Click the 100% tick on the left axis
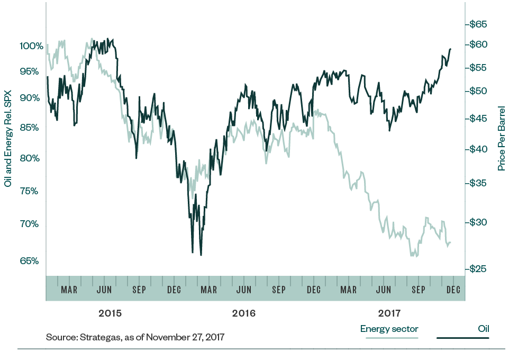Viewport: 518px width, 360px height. click(x=31, y=46)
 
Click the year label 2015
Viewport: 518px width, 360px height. click(x=110, y=313)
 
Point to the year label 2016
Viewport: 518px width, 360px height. click(x=243, y=313)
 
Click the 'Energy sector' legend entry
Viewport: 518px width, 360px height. click(x=389, y=329)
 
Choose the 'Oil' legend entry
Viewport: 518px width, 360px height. click(x=483, y=329)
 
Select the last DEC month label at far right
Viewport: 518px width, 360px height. click(x=453, y=290)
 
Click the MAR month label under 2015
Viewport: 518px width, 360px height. click(x=69, y=290)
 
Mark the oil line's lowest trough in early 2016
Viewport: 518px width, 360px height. click(x=201, y=255)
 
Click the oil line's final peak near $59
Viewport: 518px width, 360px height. click(x=450, y=49)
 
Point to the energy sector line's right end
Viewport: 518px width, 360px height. click(x=450, y=242)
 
